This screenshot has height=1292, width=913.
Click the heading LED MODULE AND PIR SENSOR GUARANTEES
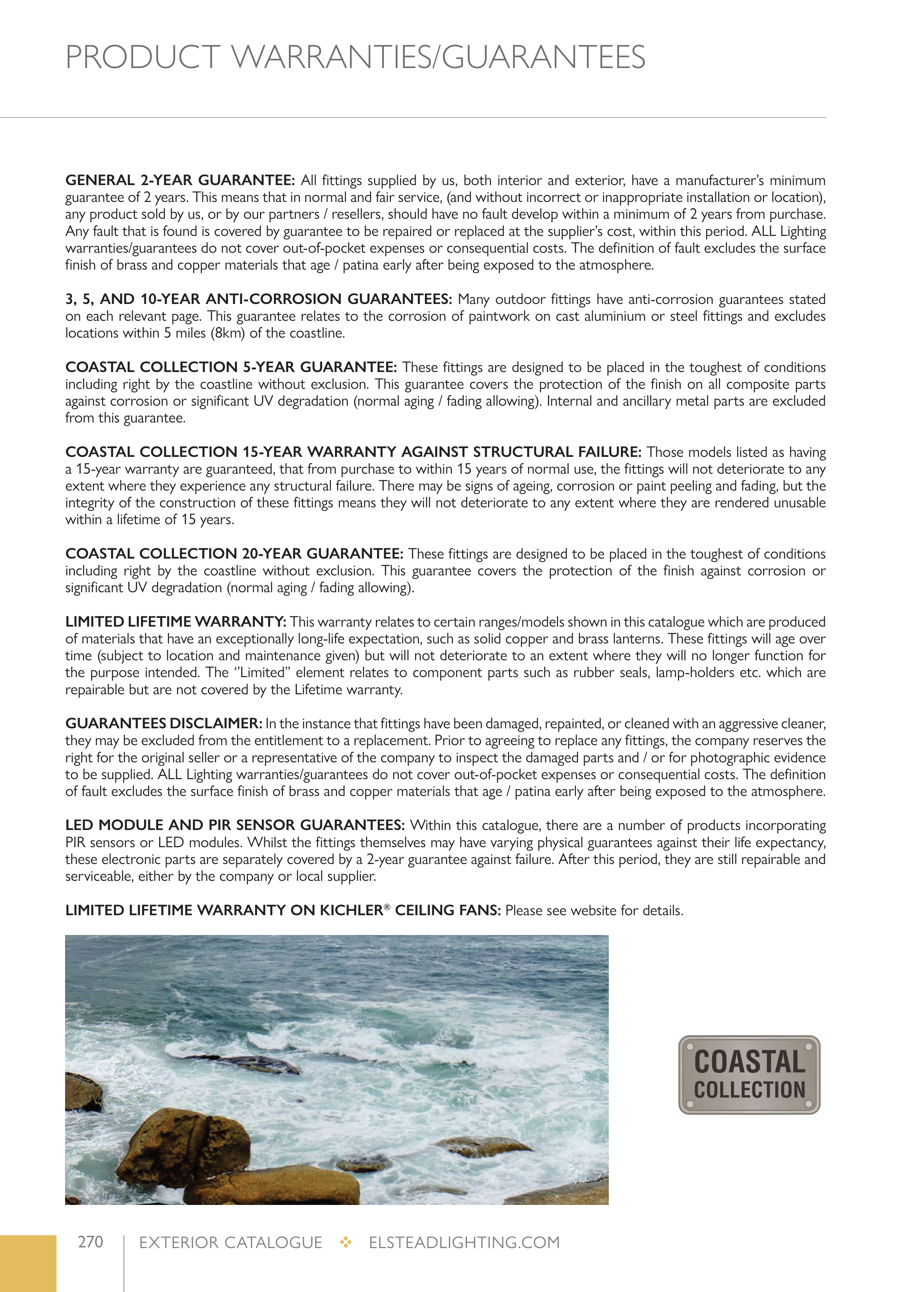pos(235,825)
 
